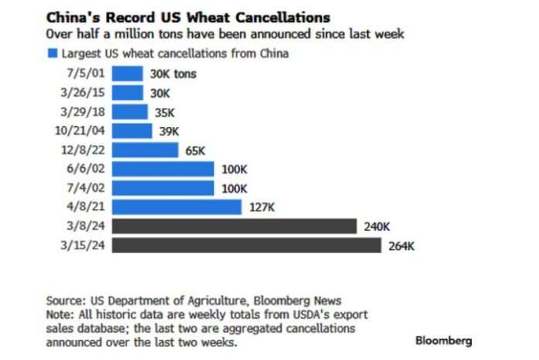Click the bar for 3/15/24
coord(246,245)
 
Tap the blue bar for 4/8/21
coord(177,207)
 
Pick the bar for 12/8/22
coord(145,149)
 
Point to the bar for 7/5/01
coord(127,74)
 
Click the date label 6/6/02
coord(85,169)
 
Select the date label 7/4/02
coord(85,188)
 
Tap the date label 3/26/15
coord(82,92)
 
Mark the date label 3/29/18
coord(82,111)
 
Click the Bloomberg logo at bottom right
coord(443,341)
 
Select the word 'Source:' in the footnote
coord(65,301)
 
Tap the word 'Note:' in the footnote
coord(60,315)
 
